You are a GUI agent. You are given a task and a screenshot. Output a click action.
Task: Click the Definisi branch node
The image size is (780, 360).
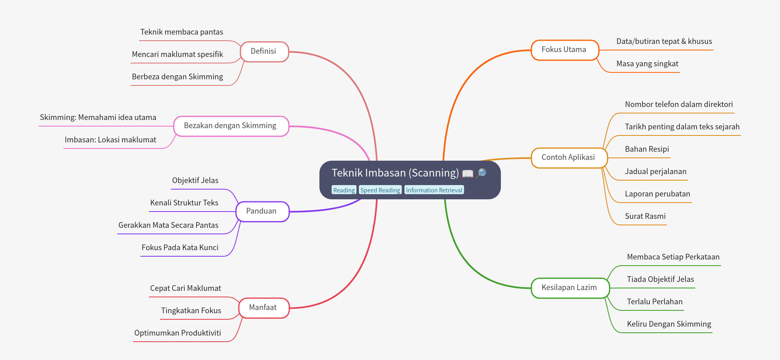pos(264,52)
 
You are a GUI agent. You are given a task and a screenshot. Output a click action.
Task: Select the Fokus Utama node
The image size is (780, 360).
pos(564,50)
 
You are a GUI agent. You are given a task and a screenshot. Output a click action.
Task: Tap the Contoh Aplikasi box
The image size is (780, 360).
pos(568,158)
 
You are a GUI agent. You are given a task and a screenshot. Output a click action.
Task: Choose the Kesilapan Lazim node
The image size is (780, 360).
pos(570,288)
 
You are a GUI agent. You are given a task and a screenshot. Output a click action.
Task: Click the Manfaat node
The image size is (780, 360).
pos(263,308)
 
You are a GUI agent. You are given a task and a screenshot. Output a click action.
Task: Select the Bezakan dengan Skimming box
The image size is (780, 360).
pos(231,126)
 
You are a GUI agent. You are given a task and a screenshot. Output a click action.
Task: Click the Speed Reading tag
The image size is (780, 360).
pos(380,190)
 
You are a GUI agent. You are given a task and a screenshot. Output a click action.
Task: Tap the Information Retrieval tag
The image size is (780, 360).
pos(434,190)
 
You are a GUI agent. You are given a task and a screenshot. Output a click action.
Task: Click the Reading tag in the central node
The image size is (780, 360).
pos(344,190)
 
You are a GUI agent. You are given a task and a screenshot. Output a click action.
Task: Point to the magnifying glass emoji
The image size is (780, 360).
pos(481,173)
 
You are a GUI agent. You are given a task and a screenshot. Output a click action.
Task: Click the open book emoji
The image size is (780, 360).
pos(468,174)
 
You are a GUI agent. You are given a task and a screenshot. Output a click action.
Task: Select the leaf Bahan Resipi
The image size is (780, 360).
pos(647,149)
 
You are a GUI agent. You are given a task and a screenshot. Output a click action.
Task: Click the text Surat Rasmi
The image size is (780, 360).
pos(645,216)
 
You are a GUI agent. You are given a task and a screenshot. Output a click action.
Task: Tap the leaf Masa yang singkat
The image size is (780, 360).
pos(647,64)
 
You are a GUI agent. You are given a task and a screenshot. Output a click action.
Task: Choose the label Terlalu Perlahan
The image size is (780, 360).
pos(654,302)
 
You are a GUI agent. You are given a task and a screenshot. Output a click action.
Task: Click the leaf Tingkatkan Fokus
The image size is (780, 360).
pos(191,311)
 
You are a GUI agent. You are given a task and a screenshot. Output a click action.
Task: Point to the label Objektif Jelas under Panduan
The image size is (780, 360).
pos(195,181)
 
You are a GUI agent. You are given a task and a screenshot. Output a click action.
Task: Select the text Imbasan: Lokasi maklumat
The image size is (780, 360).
pos(110,140)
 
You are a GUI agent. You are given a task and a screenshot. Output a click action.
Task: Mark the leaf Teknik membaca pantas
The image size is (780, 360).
pos(181,32)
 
